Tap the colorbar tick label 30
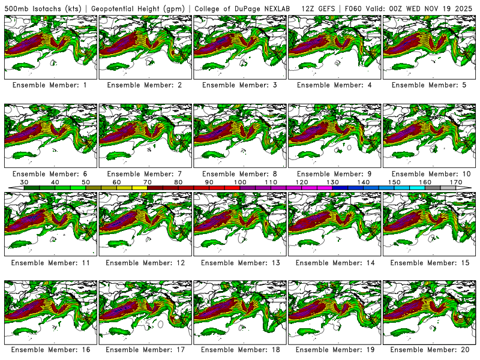(25, 182)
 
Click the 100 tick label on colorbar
(240, 182)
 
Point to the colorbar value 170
(456, 182)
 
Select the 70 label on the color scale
(148, 182)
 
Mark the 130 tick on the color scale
(332, 182)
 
